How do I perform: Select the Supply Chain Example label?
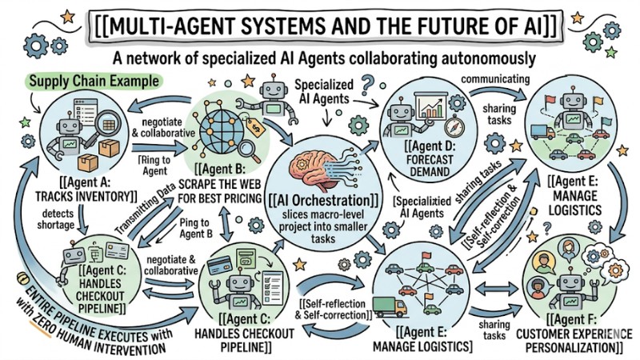[94, 82]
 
